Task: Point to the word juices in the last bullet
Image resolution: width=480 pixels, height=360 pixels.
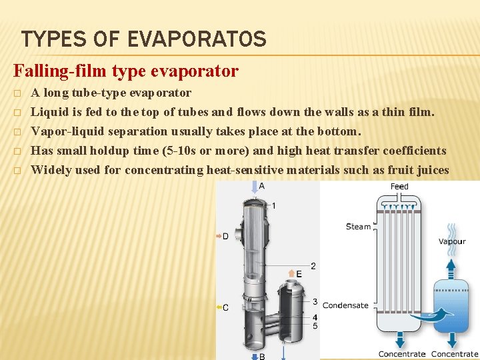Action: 433,170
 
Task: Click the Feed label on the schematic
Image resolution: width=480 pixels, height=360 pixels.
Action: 399,187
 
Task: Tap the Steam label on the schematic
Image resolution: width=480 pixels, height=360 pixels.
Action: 358,227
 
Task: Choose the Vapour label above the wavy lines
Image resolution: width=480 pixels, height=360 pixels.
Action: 451,241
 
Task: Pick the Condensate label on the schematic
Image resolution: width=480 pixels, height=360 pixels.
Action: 345,305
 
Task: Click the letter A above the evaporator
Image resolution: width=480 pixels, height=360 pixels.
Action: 261,186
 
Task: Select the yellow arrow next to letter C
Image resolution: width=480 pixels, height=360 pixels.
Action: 219,307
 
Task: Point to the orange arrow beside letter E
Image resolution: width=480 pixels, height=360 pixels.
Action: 291,273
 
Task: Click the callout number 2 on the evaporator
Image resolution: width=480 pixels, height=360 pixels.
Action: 313,266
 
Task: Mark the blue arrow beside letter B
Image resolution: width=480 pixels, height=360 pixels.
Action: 254,356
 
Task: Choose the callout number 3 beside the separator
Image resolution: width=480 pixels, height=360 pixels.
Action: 315,303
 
